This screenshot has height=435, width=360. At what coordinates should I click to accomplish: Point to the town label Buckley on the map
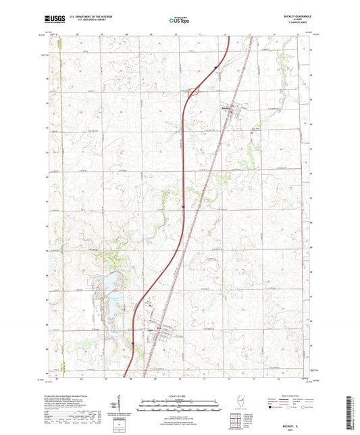click(226, 107)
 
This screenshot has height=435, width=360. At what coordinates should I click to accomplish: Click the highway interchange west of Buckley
click(194, 93)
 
